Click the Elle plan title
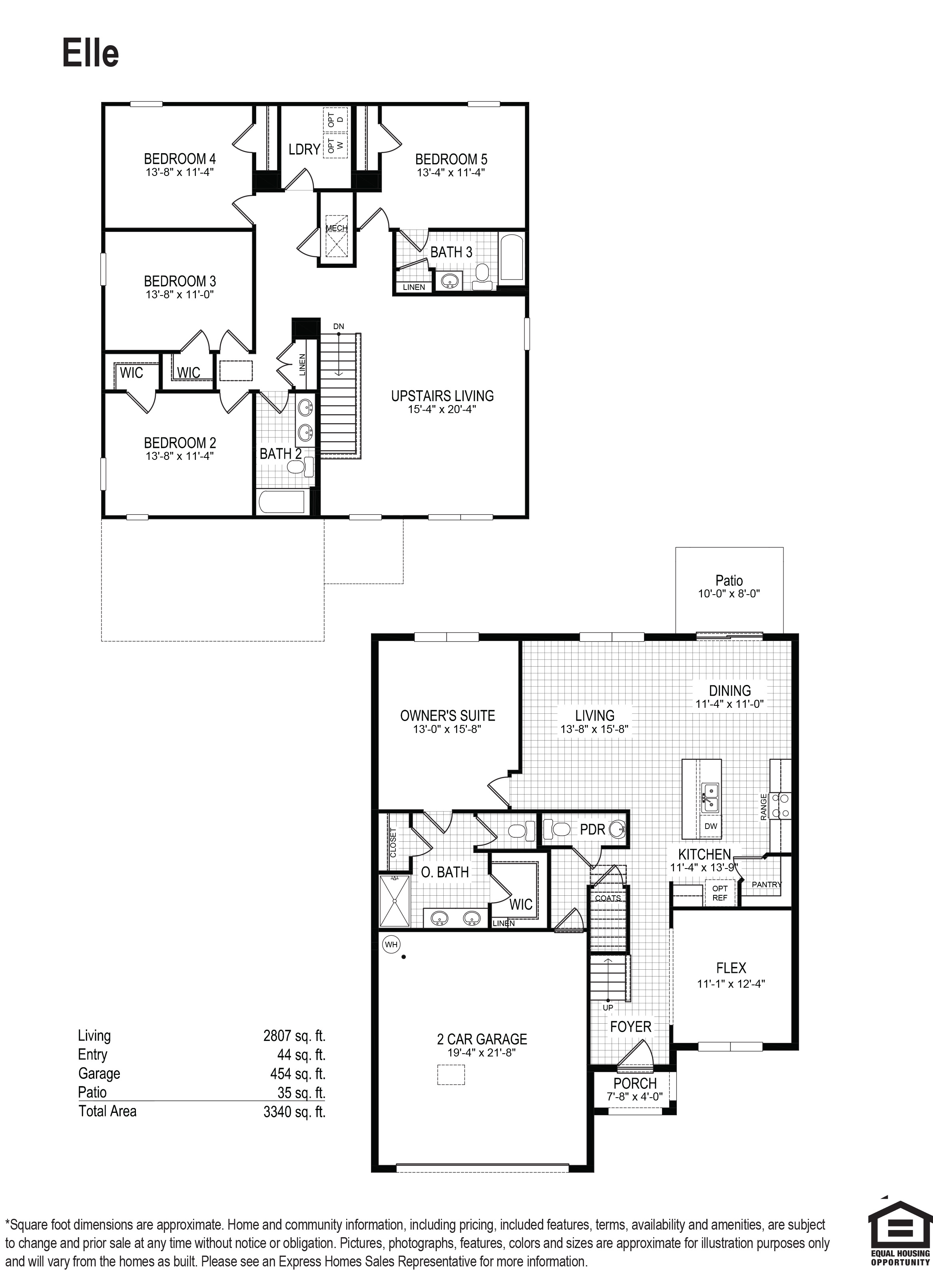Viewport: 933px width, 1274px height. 90,54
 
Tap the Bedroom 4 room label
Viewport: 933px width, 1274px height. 179,159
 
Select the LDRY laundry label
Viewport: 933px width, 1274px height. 304,149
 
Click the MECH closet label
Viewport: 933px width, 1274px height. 337,228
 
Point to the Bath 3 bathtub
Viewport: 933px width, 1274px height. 512,257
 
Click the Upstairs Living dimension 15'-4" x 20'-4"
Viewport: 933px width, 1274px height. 442,409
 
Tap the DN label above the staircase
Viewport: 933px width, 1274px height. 338,327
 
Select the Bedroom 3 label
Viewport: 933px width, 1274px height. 179,282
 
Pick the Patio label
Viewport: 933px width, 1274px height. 729,580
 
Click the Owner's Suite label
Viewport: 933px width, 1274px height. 447,716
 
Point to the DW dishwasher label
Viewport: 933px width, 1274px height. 710,826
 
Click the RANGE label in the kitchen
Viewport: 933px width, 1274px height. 764,806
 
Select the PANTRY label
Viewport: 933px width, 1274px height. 766,884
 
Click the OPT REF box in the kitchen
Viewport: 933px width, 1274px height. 720,893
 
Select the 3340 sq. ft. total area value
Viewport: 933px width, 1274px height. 294,1112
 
